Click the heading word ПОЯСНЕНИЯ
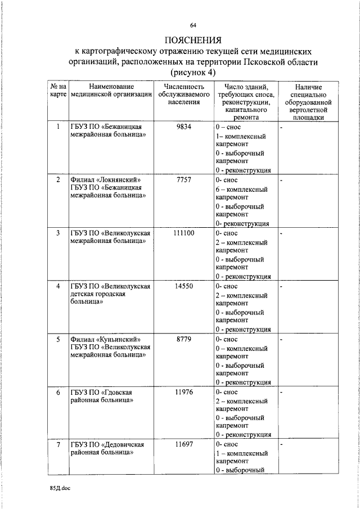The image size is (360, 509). coord(193,40)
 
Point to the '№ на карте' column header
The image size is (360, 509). coord(58,91)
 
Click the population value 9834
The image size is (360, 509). coord(184,127)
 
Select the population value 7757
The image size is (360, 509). coord(184,180)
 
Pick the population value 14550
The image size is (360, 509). coord(184,286)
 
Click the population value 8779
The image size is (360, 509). coord(184,339)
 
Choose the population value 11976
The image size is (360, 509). coord(184,392)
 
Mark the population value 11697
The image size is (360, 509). coord(184,445)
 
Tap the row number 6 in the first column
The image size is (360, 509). coord(58,392)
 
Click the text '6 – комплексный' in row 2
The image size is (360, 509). coord(242,190)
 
